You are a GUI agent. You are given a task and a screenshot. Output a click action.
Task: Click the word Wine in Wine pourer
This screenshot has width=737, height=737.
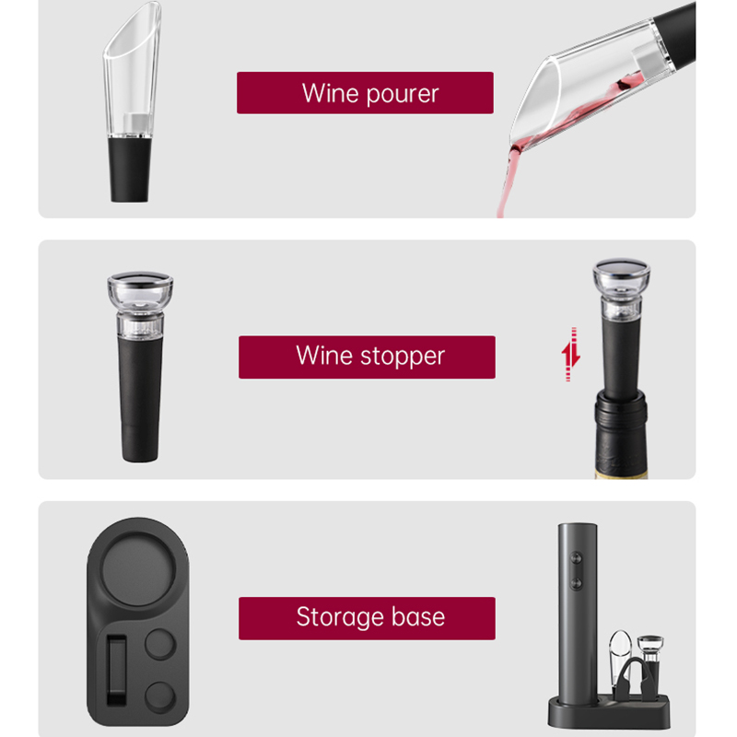(x=329, y=93)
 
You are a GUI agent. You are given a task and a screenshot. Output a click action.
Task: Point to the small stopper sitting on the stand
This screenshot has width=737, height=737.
(x=656, y=659)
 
